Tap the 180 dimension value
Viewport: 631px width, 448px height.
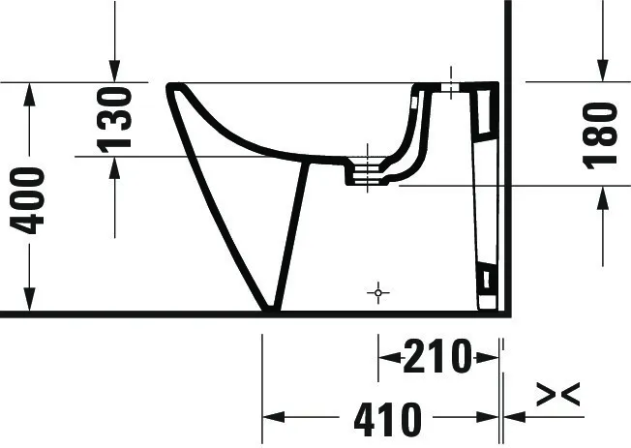601,134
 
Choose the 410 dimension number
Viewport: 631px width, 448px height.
387,419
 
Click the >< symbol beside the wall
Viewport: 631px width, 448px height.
558,394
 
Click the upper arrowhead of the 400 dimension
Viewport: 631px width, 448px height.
31,94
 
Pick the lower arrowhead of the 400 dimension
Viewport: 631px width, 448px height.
31,301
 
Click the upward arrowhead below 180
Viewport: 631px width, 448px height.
601,197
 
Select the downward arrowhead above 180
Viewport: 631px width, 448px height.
601,71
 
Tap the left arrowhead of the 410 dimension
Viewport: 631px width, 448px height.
274,418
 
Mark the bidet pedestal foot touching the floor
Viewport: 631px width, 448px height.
270,308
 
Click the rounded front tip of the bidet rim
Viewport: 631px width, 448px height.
171,88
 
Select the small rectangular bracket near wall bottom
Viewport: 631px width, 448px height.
487,282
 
